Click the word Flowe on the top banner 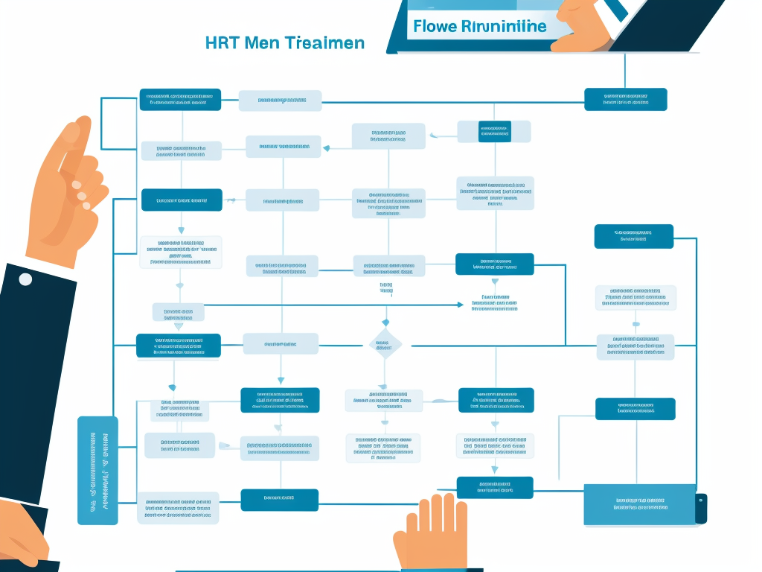(435, 27)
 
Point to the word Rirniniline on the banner (504, 27)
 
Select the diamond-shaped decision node (385, 344)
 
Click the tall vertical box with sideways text (97, 470)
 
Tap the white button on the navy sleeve (25, 279)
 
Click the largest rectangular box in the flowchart (640, 504)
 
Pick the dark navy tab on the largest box (701, 507)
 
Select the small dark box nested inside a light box (494, 131)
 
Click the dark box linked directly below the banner (625, 99)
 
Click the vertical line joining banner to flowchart (624, 71)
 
